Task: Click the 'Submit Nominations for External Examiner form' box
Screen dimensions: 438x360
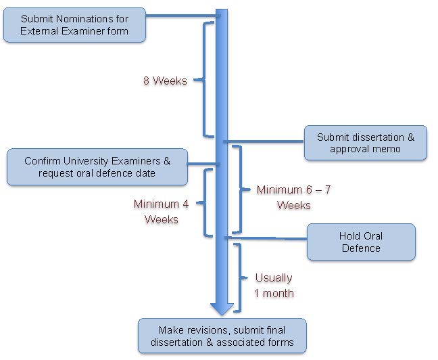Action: tap(74, 25)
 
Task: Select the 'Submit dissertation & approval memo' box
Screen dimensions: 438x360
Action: tap(366, 143)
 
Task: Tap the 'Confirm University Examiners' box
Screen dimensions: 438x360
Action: tap(97, 167)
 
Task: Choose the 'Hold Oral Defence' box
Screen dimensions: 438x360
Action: tap(361, 242)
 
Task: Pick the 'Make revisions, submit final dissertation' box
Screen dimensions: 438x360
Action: tap(222, 336)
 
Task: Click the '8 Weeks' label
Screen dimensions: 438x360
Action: tap(165, 81)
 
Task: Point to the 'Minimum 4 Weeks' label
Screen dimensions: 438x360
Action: tap(161, 212)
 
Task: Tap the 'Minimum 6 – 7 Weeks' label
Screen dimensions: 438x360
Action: tap(293, 198)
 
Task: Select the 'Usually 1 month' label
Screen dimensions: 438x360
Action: tap(274, 286)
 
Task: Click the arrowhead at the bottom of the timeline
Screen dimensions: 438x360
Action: tap(222, 309)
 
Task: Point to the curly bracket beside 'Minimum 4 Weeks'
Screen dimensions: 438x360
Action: tap(205, 203)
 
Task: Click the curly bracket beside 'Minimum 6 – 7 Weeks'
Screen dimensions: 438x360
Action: tap(241, 189)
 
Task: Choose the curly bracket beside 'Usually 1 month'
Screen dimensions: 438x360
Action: tap(240, 277)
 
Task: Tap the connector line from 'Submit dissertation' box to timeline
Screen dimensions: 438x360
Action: tap(264, 141)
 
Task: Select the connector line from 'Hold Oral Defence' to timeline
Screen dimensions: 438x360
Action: tap(266, 238)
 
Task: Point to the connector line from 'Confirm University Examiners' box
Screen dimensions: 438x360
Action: tap(204, 164)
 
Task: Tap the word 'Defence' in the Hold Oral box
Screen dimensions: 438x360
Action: tap(361, 248)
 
